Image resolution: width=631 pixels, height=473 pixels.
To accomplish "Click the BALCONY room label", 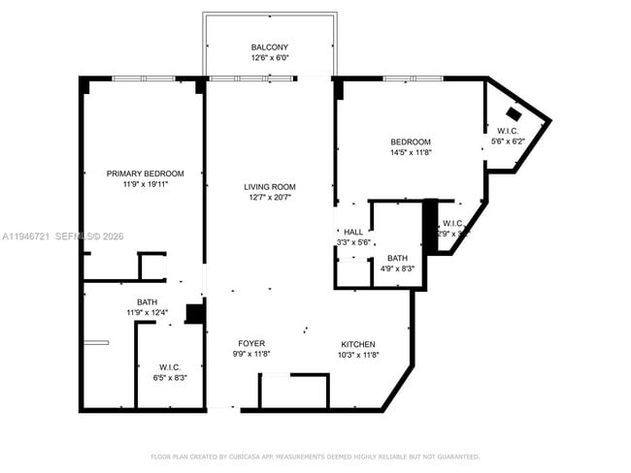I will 269,47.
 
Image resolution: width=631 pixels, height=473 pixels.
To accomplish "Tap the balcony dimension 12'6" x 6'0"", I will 269,58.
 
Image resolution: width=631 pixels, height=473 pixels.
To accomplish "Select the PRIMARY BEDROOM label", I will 145,173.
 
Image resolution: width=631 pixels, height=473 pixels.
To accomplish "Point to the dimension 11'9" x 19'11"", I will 145,184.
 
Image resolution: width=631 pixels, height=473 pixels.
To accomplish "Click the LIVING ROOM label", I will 269,187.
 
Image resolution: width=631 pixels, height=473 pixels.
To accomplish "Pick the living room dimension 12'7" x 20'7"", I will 269,198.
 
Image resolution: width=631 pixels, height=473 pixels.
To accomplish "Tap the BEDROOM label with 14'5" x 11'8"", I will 410,142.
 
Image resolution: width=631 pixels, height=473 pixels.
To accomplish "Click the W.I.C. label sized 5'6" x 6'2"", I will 508,131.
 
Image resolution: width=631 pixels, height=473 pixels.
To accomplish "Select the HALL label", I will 353,232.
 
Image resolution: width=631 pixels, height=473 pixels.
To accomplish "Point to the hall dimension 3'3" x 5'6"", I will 353,242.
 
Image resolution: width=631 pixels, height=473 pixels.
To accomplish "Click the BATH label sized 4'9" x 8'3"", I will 397,258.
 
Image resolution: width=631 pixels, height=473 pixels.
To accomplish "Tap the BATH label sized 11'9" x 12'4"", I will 147,301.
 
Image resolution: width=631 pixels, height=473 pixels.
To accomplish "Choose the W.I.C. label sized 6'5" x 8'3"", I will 170,366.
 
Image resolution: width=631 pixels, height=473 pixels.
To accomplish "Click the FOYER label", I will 251,344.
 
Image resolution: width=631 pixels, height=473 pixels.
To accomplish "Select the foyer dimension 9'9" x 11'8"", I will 251,355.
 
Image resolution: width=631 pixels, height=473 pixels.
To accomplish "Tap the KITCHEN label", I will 358,344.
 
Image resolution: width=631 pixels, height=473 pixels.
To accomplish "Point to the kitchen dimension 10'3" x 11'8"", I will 358,355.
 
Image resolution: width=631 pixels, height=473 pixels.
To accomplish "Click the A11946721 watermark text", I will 28,236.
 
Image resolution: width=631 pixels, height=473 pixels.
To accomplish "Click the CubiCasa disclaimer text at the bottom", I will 315,457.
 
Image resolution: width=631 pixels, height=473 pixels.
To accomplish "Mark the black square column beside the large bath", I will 194,314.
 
